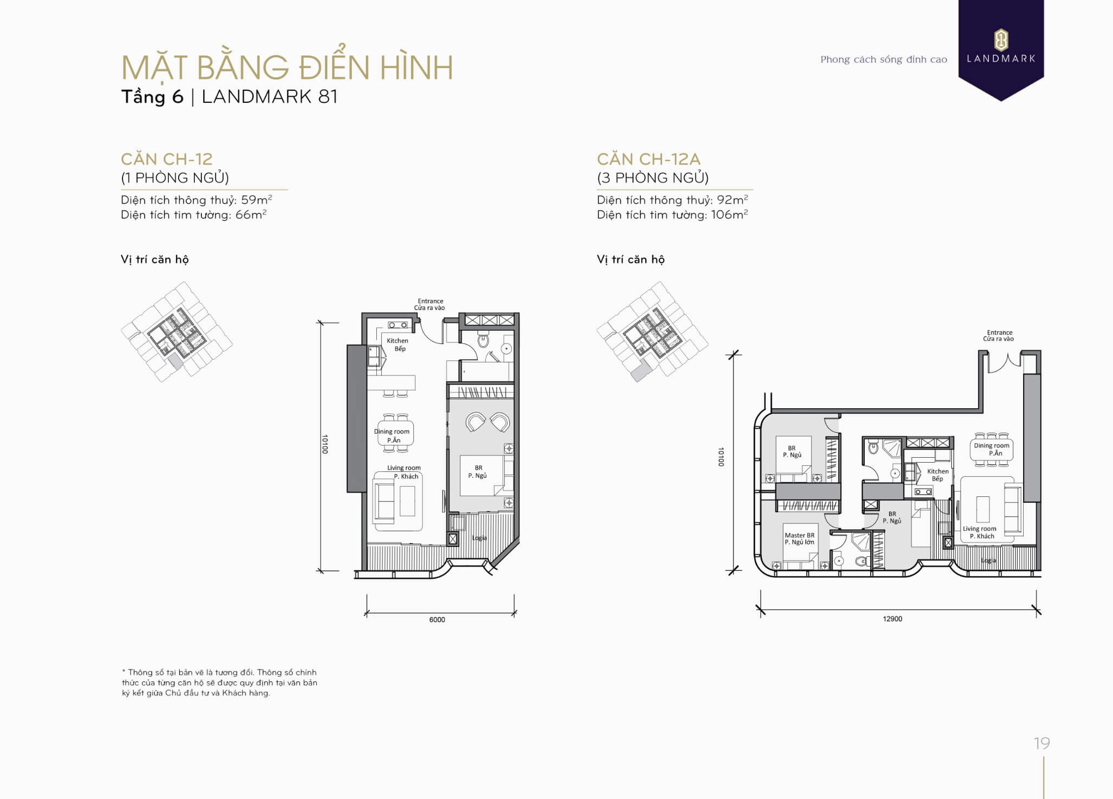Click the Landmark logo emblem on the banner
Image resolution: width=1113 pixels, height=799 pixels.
1001,39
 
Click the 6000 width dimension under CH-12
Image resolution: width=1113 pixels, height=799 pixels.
437,619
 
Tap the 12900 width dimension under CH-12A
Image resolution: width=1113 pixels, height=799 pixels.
892,619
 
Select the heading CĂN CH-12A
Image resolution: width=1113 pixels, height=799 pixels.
648,159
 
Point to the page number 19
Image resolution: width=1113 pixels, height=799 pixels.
1042,743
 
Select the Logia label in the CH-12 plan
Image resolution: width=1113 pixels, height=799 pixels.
479,538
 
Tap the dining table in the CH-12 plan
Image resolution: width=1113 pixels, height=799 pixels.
395,433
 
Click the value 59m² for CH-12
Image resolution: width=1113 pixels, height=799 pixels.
256,200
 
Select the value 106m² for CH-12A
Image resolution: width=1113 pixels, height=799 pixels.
729,214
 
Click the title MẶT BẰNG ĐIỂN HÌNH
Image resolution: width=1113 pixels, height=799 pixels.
287,67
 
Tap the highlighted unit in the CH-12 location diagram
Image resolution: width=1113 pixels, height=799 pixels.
175,361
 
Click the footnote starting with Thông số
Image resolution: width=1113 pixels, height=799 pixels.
219,683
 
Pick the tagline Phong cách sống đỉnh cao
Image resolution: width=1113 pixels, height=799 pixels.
884,59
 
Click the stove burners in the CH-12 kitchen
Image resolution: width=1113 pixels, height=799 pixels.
397,325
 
